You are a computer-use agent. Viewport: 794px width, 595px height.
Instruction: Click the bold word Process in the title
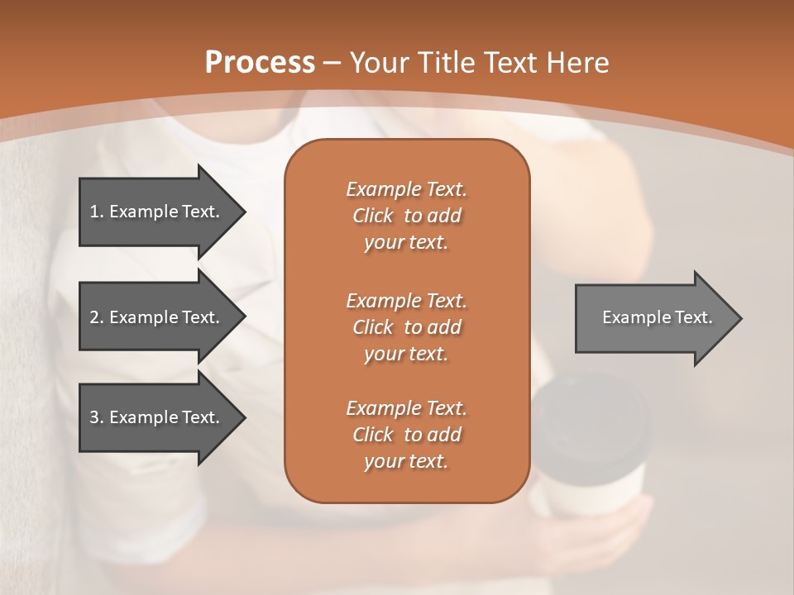click(x=260, y=62)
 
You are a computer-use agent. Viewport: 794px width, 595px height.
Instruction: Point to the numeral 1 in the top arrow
click(x=94, y=212)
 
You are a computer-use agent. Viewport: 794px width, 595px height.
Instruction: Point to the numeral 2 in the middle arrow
click(x=94, y=317)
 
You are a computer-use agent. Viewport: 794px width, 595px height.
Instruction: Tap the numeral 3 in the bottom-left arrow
click(x=94, y=417)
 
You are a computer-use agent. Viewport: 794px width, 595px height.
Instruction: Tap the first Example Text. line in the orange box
click(x=406, y=189)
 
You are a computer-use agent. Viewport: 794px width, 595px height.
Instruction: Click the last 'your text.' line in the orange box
click(x=406, y=462)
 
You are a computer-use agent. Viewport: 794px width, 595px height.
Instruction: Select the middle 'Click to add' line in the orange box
click(x=406, y=327)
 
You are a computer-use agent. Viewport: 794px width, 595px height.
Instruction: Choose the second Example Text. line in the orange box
click(x=406, y=300)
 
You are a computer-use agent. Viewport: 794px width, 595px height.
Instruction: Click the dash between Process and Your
click(x=332, y=63)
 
